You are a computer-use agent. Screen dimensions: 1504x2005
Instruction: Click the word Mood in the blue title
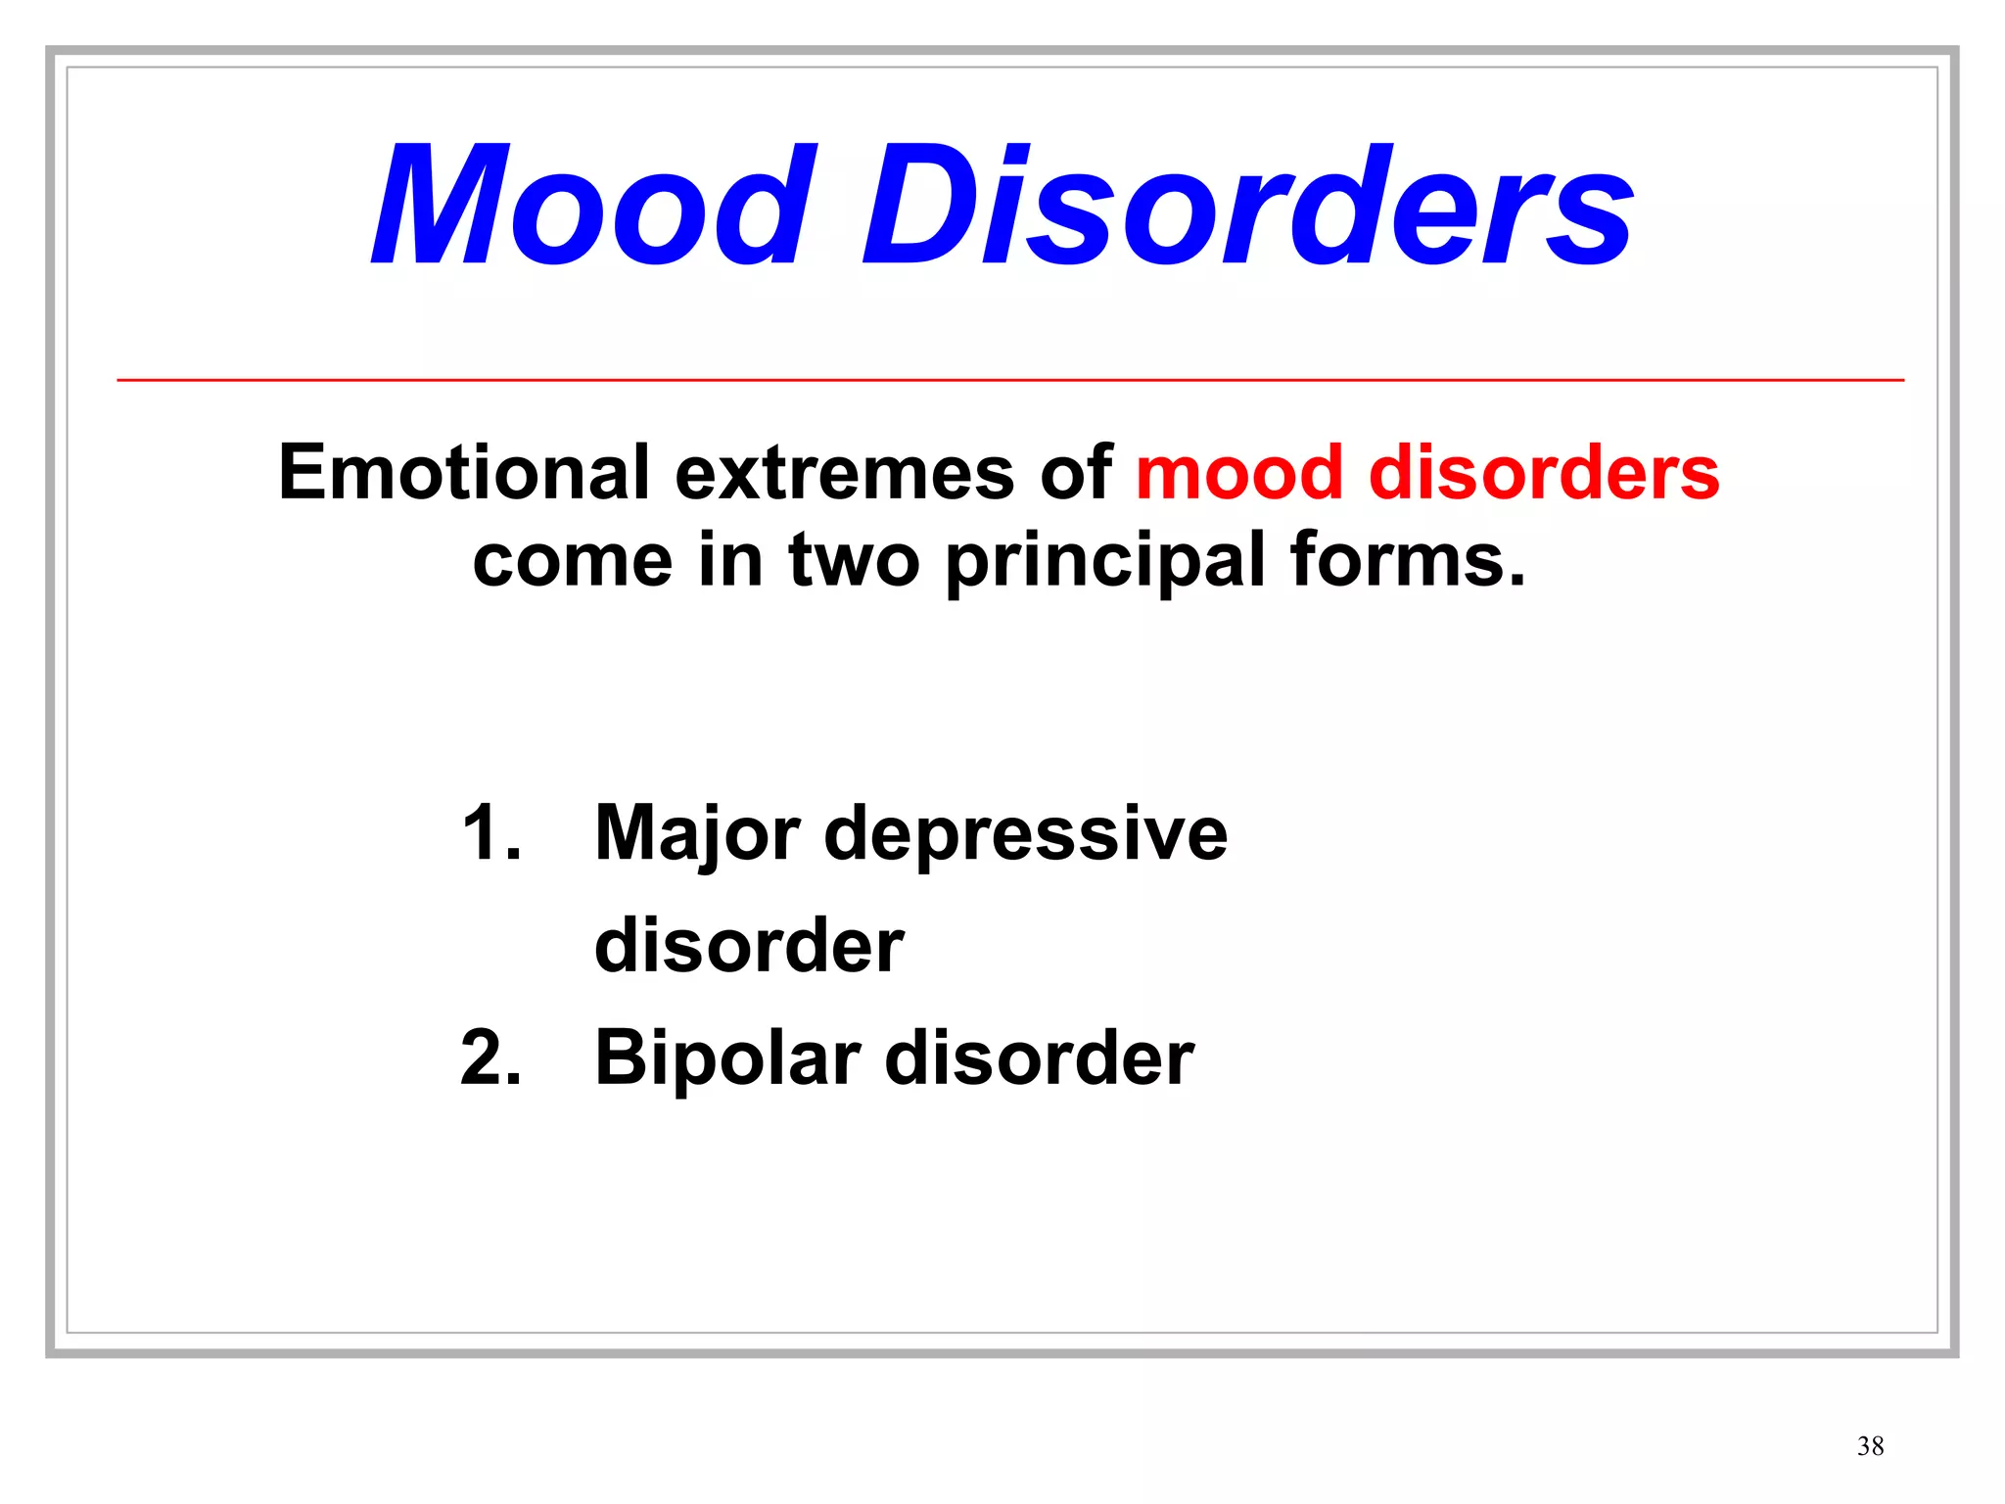593,206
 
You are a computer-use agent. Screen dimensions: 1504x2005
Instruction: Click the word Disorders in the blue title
1247,206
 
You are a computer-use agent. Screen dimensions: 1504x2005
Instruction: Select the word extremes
844,473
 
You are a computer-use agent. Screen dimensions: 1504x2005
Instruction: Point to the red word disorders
1543,473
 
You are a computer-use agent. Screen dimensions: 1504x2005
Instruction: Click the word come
572,561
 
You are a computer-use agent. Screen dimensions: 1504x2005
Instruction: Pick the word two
854,561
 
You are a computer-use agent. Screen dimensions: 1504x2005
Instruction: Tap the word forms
1407,561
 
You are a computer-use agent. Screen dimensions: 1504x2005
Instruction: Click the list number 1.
490,833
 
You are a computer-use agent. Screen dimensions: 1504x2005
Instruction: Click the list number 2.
490,1058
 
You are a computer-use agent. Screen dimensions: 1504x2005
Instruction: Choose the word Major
697,833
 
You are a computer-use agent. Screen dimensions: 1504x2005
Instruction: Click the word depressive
1025,833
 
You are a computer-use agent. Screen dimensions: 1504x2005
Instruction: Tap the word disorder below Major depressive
749,946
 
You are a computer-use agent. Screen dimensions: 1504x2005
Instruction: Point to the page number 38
1870,1446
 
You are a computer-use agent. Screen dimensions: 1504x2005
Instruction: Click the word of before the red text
1076,473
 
